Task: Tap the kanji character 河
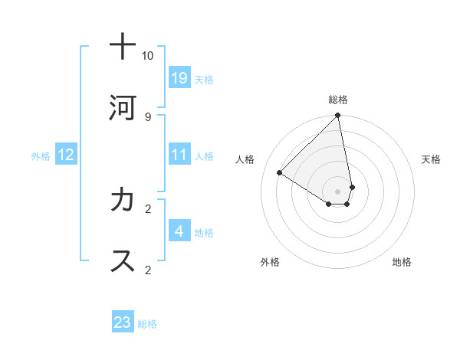point(123,107)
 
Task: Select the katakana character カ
point(123,200)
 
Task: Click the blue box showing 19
point(179,77)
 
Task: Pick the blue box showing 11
point(179,155)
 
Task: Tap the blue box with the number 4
point(179,231)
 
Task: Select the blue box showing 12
point(66,155)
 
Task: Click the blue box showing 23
point(123,322)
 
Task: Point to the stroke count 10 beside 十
point(148,55)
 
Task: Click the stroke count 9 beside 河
point(148,116)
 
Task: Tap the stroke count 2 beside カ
point(148,208)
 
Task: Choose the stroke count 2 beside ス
point(148,270)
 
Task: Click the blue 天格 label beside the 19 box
point(204,79)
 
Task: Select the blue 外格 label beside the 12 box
point(41,156)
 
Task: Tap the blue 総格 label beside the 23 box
point(147,324)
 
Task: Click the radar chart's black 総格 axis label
point(338,100)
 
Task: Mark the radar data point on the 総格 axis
point(337,116)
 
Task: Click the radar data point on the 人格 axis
point(280,173)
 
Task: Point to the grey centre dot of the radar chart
point(337,191)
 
